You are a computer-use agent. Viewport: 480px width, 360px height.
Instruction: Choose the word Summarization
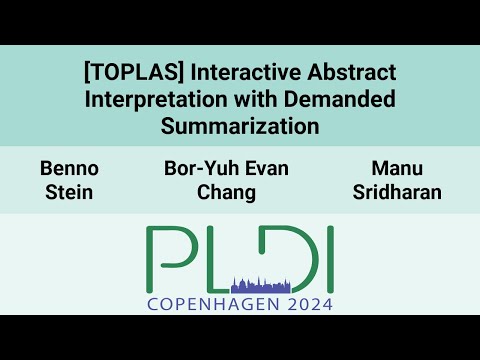(x=240, y=126)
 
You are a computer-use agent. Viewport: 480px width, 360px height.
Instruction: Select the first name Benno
(x=70, y=168)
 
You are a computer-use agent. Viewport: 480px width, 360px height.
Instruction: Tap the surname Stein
(x=70, y=191)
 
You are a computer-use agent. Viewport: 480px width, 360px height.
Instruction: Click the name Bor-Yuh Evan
(x=226, y=168)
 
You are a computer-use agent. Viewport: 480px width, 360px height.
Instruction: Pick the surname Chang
(x=226, y=191)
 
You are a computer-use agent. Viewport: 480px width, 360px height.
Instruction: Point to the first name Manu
(x=396, y=168)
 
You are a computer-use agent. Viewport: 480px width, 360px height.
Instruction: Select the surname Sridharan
(x=396, y=191)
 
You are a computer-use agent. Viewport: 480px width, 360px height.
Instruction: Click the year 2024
(x=306, y=304)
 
